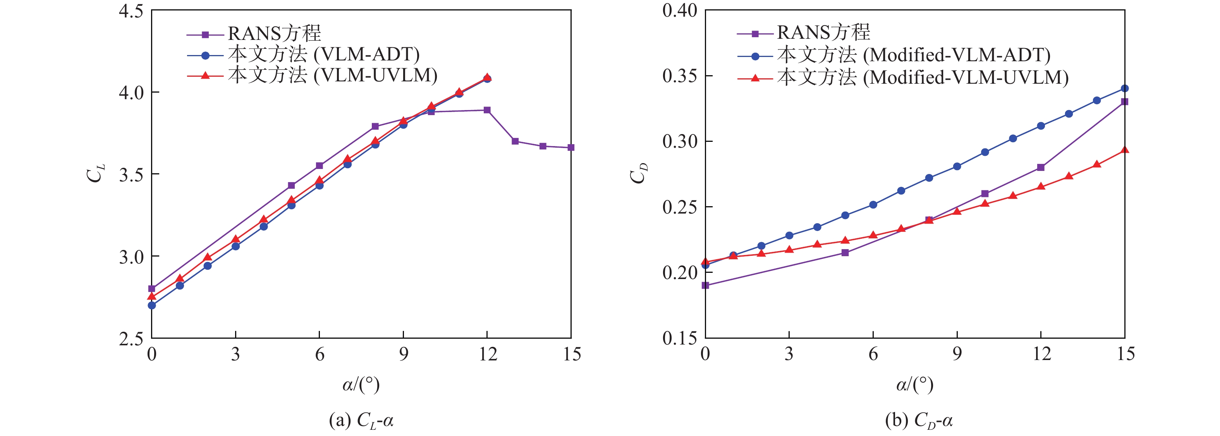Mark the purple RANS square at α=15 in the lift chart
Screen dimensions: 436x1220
click(x=571, y=147)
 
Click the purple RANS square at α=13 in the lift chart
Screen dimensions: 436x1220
click(x=515, y=141)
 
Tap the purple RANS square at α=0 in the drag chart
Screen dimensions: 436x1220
click(x=705, y=285)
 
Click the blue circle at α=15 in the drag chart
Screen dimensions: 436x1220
click(x=1124, y=89)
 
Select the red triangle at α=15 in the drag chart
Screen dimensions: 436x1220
click(x=1124, y=150)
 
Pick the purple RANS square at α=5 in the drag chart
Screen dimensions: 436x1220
click(x=845, y=253)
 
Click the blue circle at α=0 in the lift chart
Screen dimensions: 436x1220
click(x=151, y=305)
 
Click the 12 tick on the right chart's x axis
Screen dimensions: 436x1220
click(x=1041, y=354)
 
